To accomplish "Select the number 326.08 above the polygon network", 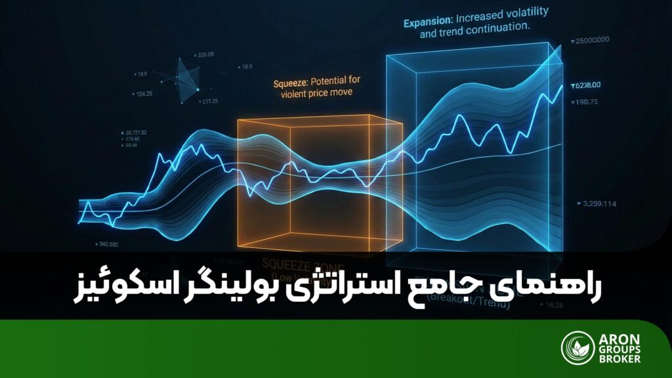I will pyautogui.click(x=205, y=54).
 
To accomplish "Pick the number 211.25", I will pyautogui.click(x=210, y=100).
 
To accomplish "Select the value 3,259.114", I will pyautogui.click(x=599, y=204).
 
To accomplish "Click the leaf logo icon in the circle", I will pyautogui.click(x=577, y=348).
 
